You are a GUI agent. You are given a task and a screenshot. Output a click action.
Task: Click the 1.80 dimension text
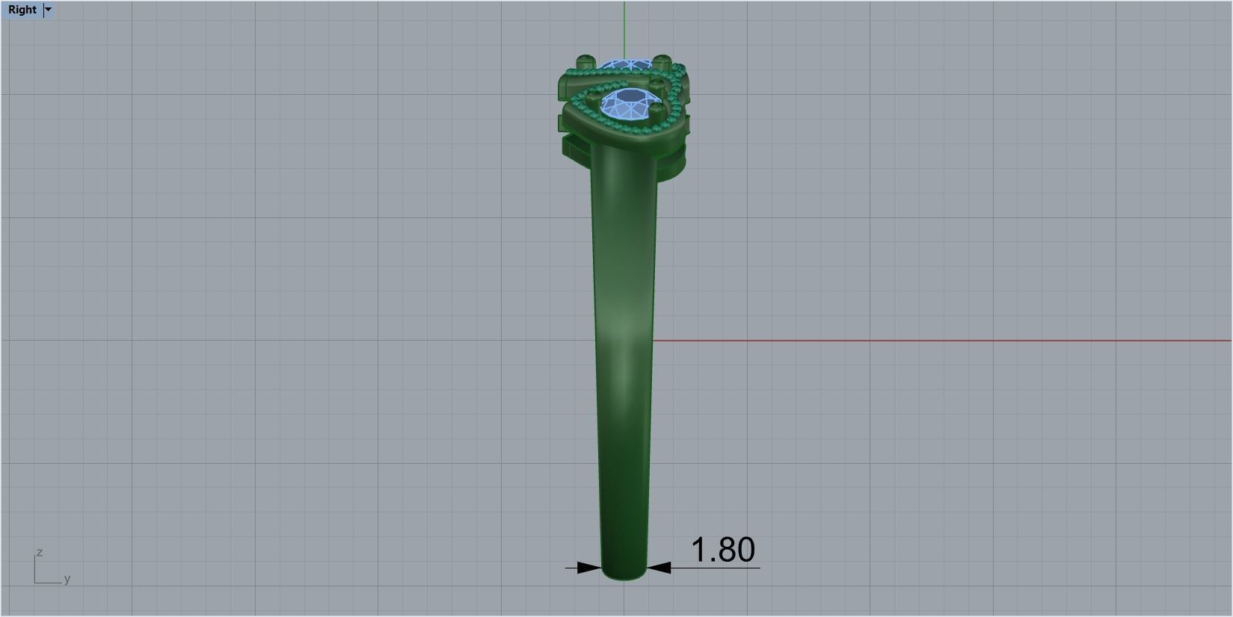point(722,550)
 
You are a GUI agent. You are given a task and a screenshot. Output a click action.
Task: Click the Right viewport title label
point(22,10)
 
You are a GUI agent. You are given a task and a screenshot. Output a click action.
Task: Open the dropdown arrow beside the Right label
point(49,10)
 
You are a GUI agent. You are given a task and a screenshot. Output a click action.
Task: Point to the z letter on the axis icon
point(39,552)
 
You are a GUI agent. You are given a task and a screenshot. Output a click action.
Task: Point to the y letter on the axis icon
point(67,579)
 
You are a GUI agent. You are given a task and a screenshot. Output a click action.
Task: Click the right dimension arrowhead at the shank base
point(659,568)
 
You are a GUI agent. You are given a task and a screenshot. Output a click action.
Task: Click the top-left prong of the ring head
point(584,61)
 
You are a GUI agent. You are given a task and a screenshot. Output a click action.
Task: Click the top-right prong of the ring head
point(661,61)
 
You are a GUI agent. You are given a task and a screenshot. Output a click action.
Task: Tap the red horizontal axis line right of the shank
point(897,341)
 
